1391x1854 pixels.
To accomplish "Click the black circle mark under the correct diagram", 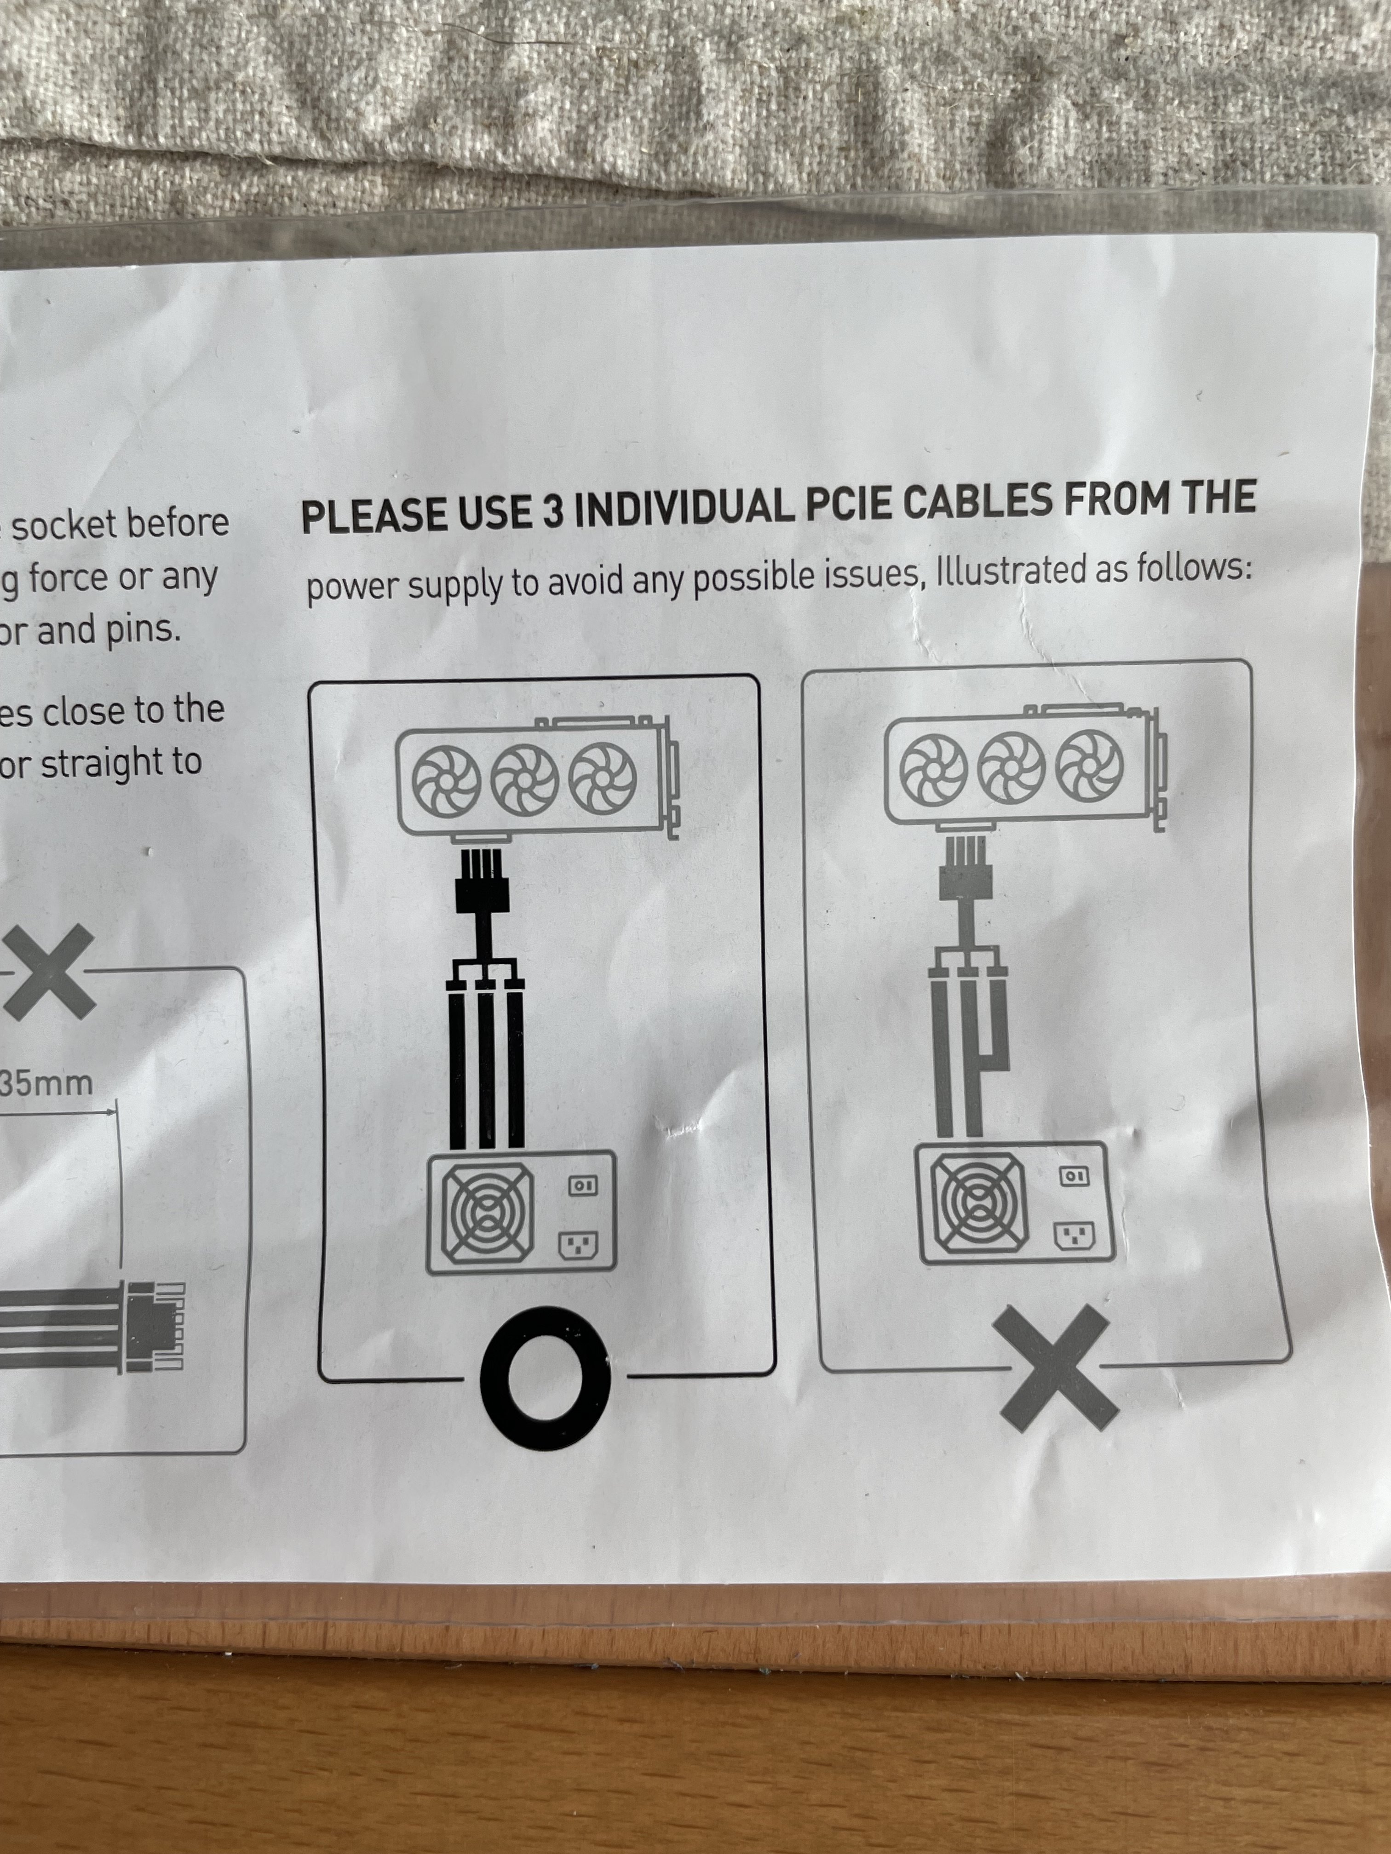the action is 545,1376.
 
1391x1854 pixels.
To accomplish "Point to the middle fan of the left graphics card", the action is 524,779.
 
